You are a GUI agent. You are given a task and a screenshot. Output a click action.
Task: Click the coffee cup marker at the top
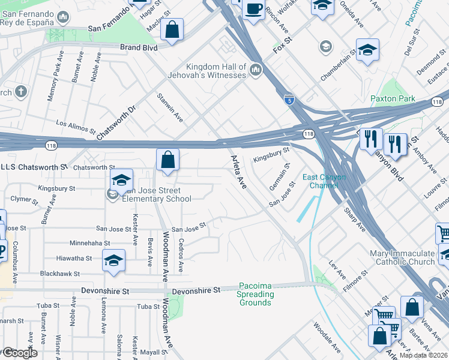click(x=253, y=10)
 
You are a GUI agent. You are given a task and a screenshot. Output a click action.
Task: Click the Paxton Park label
click(x=393, y=98)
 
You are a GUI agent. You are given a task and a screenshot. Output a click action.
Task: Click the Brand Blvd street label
click(x=139, y=47)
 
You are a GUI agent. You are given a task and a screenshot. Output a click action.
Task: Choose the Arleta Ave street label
click(x=238, y=172)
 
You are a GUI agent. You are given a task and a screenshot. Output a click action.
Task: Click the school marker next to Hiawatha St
click(x=113, y=261)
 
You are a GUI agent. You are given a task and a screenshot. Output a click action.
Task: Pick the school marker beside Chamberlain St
click(x=367, y=51)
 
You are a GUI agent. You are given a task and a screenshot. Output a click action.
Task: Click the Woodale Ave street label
click(x=327, y=337)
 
